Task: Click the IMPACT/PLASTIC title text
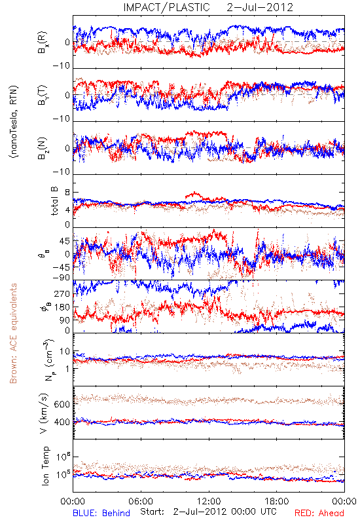167,7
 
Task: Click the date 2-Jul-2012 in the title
260,7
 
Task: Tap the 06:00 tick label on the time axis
141,501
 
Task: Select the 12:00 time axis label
209,501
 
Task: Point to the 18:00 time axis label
277,501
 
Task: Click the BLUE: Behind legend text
101,513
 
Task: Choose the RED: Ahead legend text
319,513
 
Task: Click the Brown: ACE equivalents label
13,333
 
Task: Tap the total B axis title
54,201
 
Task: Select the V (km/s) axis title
44,414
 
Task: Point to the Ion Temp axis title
45,466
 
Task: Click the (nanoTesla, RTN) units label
14,122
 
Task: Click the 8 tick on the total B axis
68,193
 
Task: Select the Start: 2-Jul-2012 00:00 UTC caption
208,512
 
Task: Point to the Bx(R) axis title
43,43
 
